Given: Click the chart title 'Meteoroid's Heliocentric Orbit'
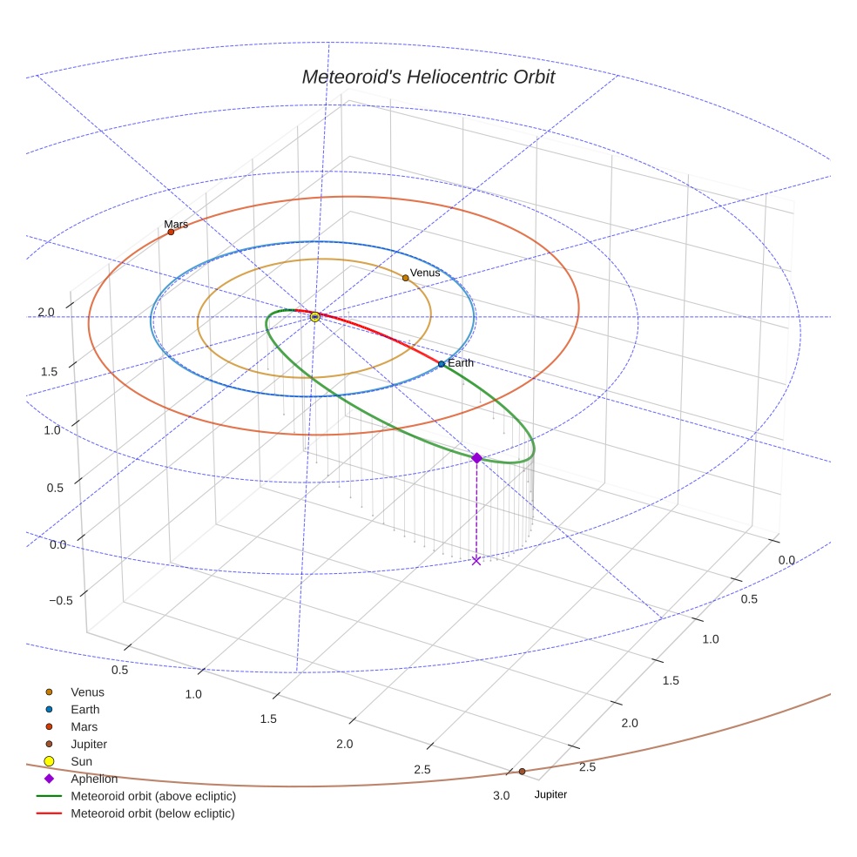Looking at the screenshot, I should click(428, 77).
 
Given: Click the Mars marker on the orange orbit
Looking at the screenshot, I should click(171, 232).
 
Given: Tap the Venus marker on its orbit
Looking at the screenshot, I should click(406, 278).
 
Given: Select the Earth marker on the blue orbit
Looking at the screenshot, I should click(442, 364).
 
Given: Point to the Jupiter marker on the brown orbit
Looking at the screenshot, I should click(522, 772).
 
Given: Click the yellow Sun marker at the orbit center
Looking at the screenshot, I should click(315, 317).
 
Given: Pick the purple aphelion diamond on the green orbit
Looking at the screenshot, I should click(476, 458).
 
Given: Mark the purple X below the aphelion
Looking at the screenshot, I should click(476, 560).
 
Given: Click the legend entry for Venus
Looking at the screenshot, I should click(87, 692).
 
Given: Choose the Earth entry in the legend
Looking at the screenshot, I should click(84, 710).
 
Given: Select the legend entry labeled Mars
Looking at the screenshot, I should click(84, 727).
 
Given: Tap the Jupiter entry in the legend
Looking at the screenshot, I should click(89, 745).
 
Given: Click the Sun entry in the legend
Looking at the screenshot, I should click(81, 762).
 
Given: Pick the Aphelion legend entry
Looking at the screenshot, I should click(94, 779).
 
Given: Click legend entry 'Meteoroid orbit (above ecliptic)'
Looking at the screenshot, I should click(153, 796).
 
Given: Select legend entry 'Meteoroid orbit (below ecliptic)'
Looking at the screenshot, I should click(153, 813).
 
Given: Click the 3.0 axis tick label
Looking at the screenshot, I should click(501, 796).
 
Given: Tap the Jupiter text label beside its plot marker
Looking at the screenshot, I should click(550, 794).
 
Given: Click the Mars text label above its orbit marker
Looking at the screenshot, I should click(176, 224).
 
